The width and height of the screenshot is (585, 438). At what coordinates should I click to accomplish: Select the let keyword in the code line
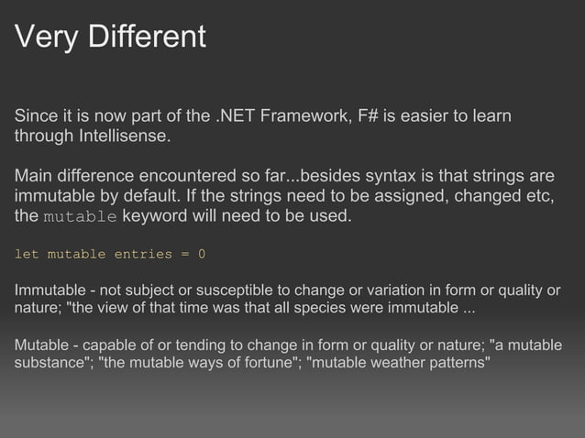pyautogui.click(x=26, y=253)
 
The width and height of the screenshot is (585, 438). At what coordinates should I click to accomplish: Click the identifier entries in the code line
pyautogui.click(x=139, y=253)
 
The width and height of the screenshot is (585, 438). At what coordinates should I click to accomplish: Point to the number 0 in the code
pyautogui.click(x=202, y=253)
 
